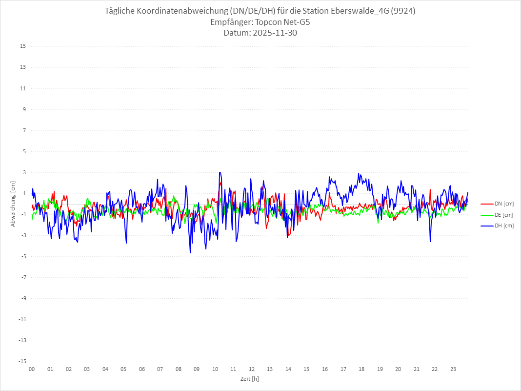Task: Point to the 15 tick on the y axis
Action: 23,46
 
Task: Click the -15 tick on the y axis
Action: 22,362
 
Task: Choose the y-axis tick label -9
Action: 23,299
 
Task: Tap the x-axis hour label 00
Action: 32,370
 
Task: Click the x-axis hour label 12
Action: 252,370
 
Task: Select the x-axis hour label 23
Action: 453,370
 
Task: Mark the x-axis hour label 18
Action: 361,370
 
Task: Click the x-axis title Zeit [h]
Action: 250,379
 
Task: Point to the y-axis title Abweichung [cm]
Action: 13,204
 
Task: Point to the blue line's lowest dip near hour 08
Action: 190,252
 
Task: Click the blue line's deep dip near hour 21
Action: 430,241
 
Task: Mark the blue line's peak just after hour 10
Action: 220,172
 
